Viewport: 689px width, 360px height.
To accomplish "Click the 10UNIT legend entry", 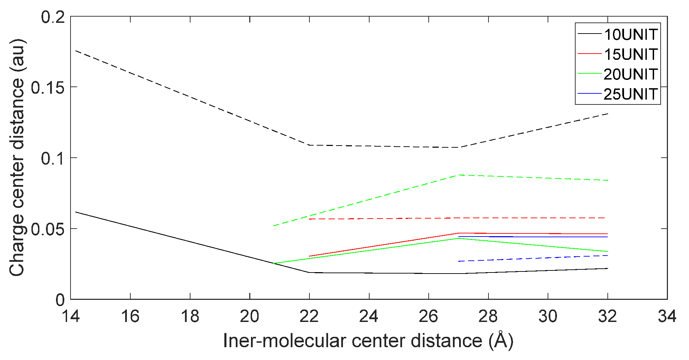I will coord(631,34).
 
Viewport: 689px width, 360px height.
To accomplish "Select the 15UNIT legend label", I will coord(631,54).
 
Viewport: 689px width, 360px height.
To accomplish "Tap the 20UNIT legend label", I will coord(631,74).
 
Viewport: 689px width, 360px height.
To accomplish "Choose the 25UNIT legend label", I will coord(631,94).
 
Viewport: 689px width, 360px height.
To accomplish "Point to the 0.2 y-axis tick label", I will coord(53,17).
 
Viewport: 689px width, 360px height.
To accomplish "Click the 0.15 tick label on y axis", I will coord(48,87).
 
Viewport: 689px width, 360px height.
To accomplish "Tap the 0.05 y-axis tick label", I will coord(48,229).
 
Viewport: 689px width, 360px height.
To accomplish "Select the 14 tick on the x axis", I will coord(71,316).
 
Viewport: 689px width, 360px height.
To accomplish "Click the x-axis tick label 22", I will coord(309,316).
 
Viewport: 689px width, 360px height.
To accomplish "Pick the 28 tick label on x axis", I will coord(488,316).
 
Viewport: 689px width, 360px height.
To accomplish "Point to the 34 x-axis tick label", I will coord(667,316).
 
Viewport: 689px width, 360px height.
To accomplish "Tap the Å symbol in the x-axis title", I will coord(501,340).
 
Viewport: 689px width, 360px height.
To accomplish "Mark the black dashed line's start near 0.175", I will coord(75,50).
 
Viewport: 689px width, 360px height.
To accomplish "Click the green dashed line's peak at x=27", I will coord(459,175).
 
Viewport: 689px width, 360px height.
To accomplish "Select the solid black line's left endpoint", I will coord(75,212).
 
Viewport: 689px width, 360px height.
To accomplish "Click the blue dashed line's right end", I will coord(607,256).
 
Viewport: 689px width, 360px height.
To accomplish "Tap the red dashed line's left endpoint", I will coord(309,219).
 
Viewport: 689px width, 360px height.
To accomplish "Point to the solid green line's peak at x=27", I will coord(459,238).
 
